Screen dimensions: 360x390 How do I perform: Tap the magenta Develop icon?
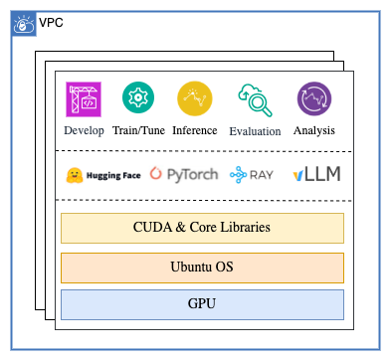coord(84,99)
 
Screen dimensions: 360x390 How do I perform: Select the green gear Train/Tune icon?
coord(137,98)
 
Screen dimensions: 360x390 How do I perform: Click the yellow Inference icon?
coord(194,98)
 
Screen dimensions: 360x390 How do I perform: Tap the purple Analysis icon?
coord(313,99)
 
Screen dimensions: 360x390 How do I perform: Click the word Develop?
coord(84,130)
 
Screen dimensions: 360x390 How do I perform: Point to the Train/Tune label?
coord(137,130)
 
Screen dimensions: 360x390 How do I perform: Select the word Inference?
coord(194,130)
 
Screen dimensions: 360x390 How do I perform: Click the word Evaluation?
coord(254,131)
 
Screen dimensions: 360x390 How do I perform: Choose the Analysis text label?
coord(313,130)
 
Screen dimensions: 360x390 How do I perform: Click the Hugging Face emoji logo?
coord(73,175)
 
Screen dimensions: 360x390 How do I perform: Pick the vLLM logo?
coord(316,175)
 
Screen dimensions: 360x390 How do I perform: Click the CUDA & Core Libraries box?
coord(202,228)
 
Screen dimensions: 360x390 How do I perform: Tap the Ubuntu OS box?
coord(202,267)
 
